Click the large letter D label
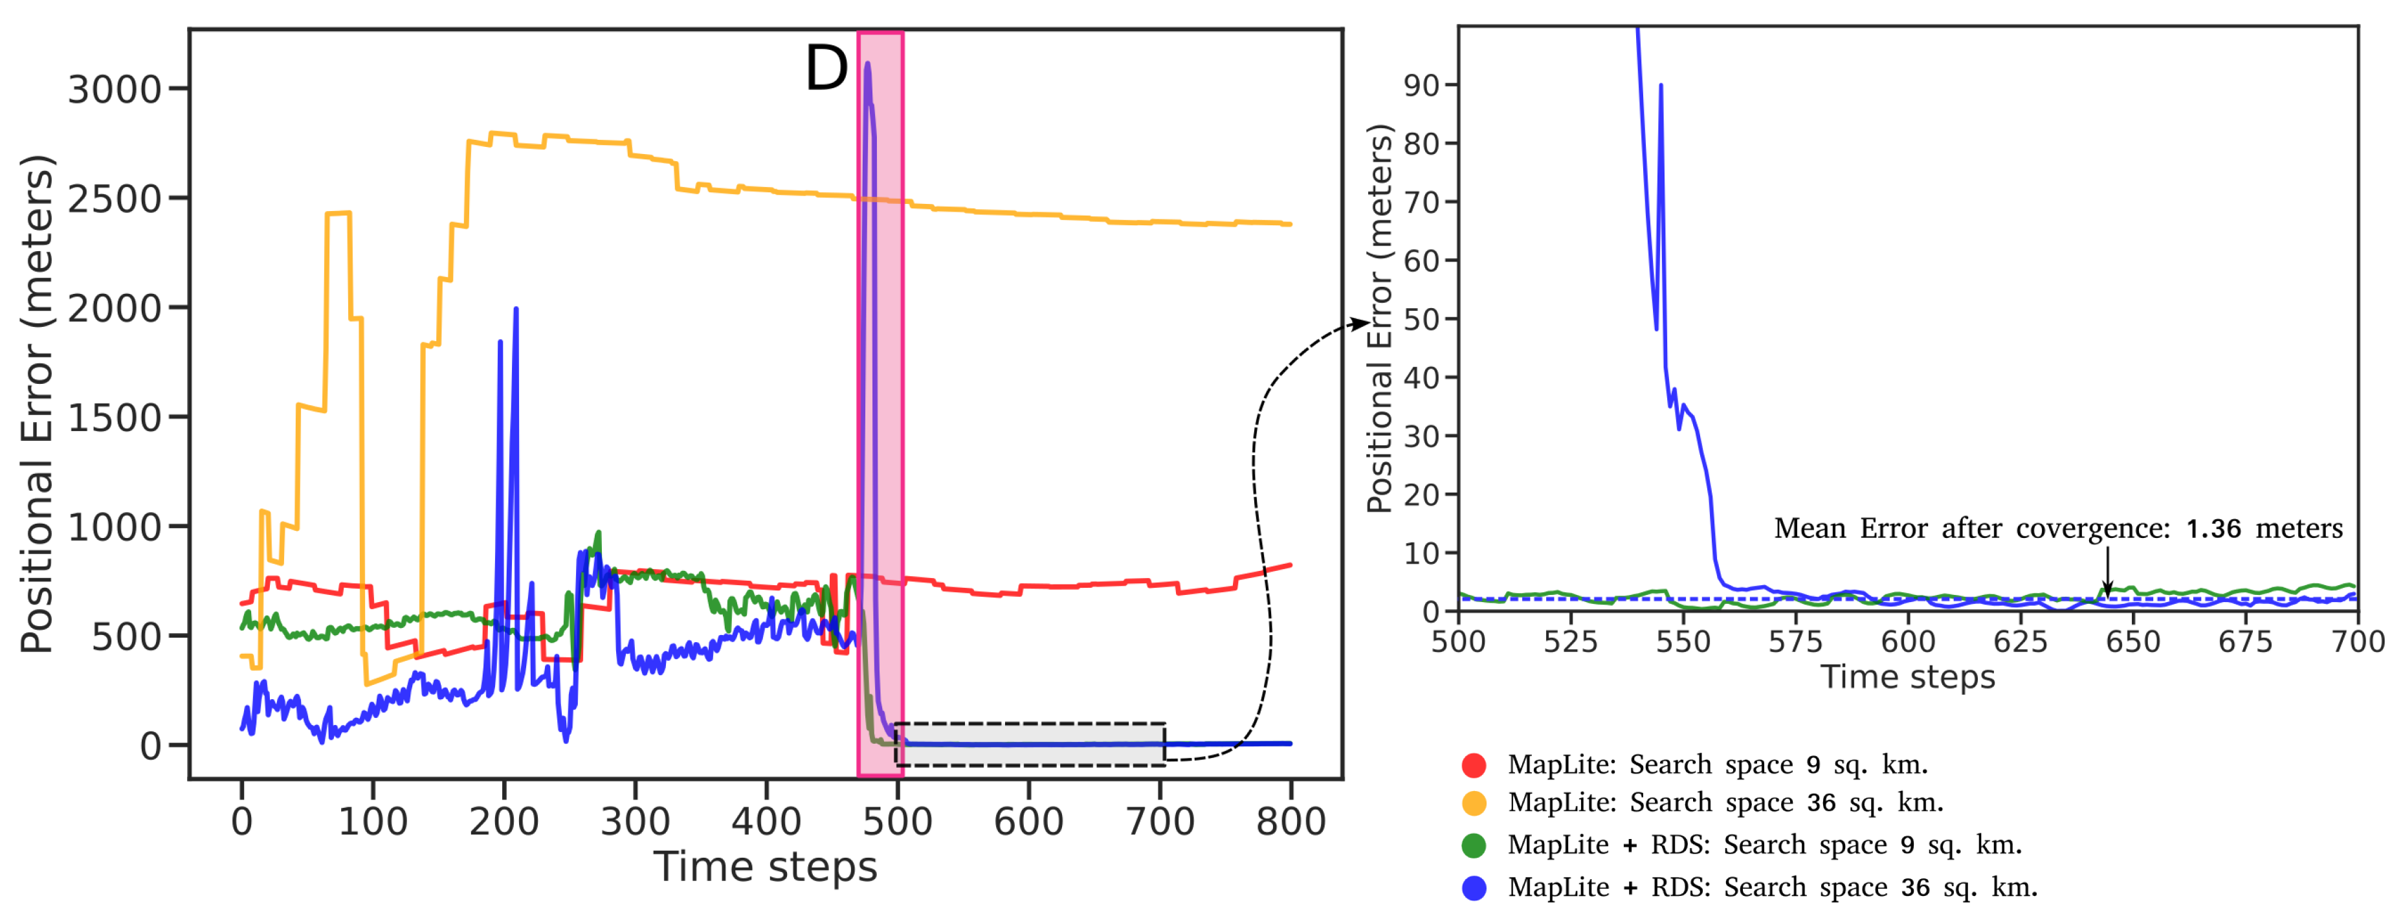[x=826, y=69]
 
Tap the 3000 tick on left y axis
[x=115, y=89]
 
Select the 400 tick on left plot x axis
[x=766, y=821]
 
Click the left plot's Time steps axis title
[x=765, y=867]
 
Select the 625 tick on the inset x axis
[x=2020, y=642]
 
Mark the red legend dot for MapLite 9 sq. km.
[x=1474, y=765]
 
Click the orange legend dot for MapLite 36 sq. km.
[x=1474, y=802]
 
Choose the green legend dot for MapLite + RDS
[x=1474, y=845]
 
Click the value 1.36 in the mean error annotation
[x=2213, y=529]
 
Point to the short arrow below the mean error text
[x=2107, y=571]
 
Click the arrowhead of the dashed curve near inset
[x=1360, y=323]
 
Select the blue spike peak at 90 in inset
[x=1661, y=86]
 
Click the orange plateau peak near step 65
[x=338, y=214]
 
